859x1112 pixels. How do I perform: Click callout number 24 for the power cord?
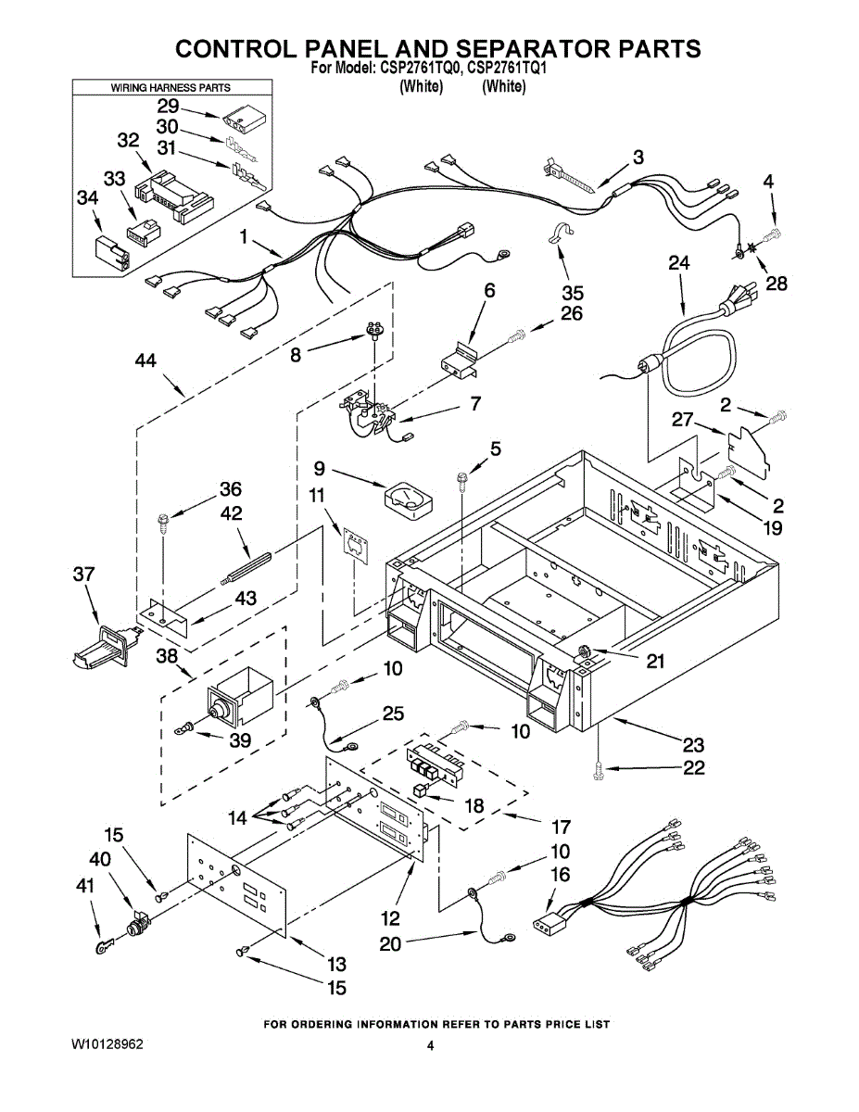click(x=679, y=262)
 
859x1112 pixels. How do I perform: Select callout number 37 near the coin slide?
click(x=83, y=576)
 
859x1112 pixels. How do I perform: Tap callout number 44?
click(x=145, y=361)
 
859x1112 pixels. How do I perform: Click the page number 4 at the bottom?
click(x=430, y=1045)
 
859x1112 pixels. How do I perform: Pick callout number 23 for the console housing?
click(x=692, y=744)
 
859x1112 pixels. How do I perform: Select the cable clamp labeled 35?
click(x=562, y=237)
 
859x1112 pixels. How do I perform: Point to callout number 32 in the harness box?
click(x=128, y=141)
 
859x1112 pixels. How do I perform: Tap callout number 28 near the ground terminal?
click(x=777, y=283)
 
